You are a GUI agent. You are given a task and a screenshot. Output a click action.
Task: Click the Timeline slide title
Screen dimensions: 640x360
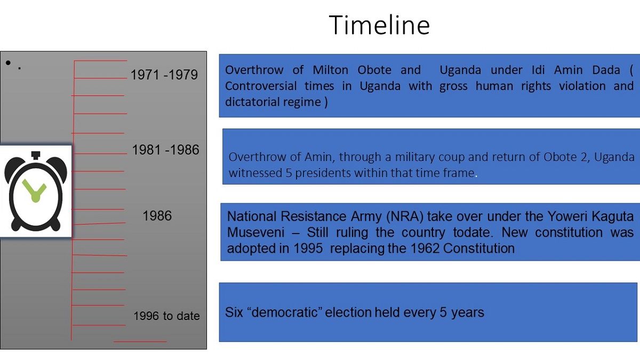(x=379, y=25)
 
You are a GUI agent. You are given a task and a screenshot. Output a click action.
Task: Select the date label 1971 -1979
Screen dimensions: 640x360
(x=164, y=75)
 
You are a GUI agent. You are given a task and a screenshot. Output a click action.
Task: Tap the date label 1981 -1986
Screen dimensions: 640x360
(x=165, y=150)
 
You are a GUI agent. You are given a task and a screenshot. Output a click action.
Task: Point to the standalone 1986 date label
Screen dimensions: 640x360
(x=157, y=215)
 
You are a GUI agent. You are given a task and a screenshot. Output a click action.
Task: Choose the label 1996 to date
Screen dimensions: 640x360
(x=166, y=316)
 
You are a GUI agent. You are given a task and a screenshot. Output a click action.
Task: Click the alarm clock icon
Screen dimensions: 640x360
(x=36, y=191)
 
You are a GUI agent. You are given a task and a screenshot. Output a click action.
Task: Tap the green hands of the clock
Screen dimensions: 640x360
(x=35, y=190)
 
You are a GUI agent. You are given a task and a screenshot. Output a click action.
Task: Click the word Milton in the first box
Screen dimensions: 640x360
(x=330, y=70)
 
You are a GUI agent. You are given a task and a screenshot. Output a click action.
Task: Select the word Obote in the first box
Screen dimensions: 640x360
(x=374, y=70)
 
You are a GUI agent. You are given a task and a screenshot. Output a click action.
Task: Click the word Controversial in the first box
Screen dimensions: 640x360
(x=261, y=86)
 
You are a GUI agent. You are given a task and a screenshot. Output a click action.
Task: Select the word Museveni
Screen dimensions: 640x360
(x=255, y=233)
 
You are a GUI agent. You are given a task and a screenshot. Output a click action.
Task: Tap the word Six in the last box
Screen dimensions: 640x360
(x=234, y=313)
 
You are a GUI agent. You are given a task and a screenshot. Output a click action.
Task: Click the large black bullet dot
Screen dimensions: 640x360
(x=9, y=62)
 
